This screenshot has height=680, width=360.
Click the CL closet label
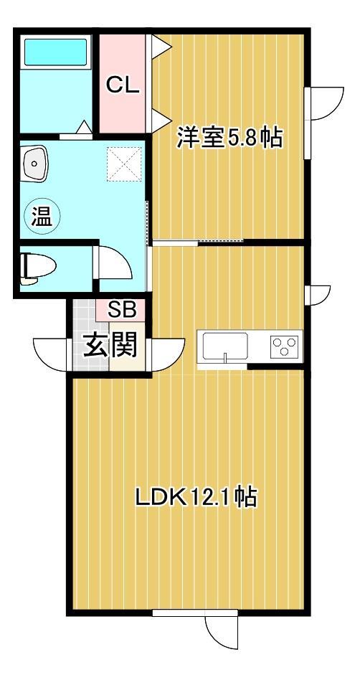(x=123, y=85)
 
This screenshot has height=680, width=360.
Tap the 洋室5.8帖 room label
(x=229, y=138)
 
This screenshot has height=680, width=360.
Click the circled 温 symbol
(x=41, y=216)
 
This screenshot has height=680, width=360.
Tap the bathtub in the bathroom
(x=55, y=53)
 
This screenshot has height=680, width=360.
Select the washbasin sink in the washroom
(x=34, y=163)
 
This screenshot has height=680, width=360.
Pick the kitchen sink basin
(x=225, y=346)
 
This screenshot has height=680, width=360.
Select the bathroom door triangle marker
(x=83, y=128)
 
